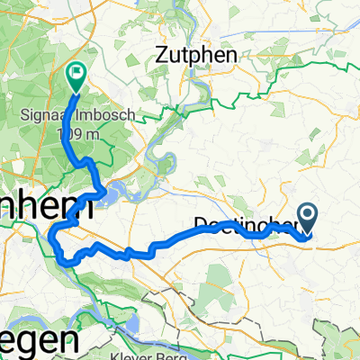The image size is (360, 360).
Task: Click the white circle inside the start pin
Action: pos(308,214)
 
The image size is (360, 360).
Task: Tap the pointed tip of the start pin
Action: pos(308,236)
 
